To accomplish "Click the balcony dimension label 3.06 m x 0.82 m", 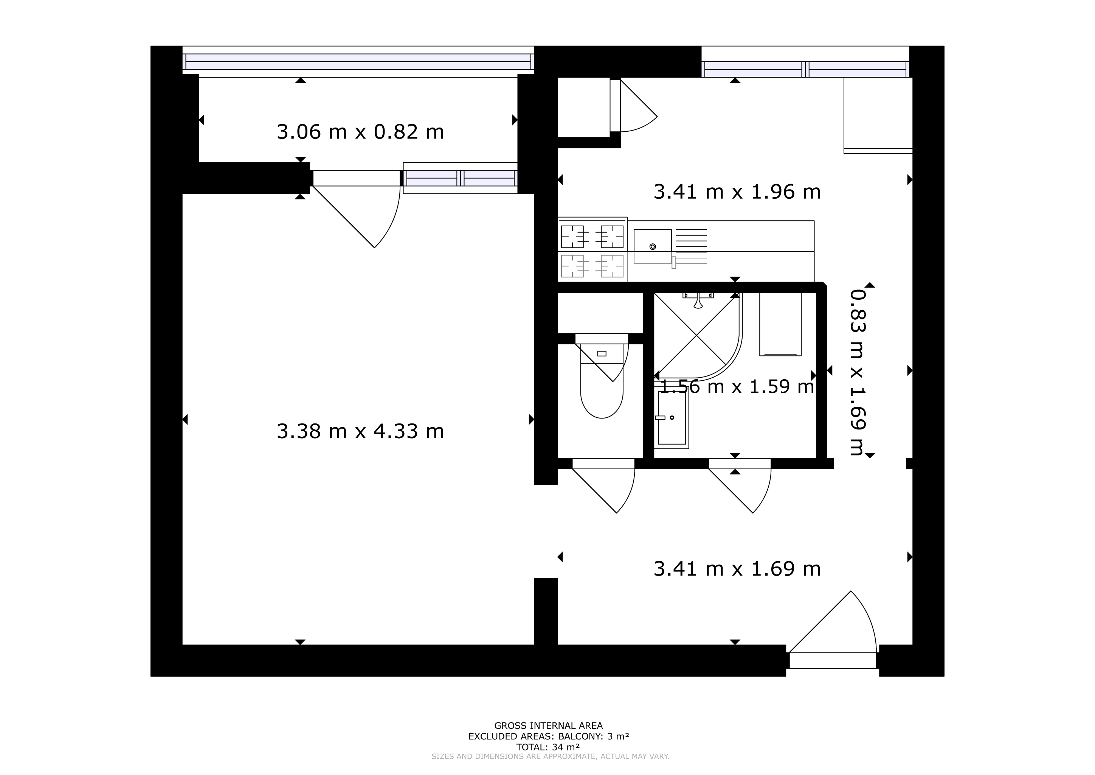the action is coord(360,132).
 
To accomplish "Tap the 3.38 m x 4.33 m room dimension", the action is coord(360,432).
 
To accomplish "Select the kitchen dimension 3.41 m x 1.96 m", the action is coord(737,192).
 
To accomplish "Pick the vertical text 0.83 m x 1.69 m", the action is coord(858,372).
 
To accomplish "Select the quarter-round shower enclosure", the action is coord(698,336).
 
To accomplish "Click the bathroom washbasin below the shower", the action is coord(672,417).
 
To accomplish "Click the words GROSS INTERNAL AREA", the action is coord(549,726).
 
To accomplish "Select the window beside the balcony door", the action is coord(460,178).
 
